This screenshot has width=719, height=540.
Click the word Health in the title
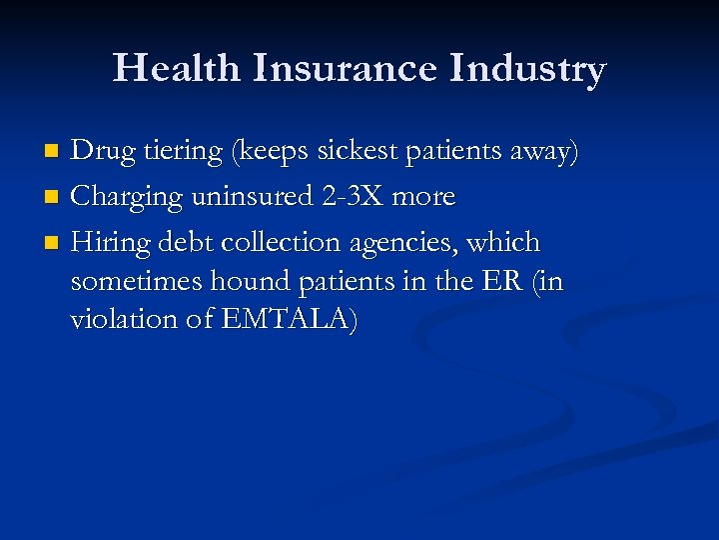176,69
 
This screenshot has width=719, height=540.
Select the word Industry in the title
527,70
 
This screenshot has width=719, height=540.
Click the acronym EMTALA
281,320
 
